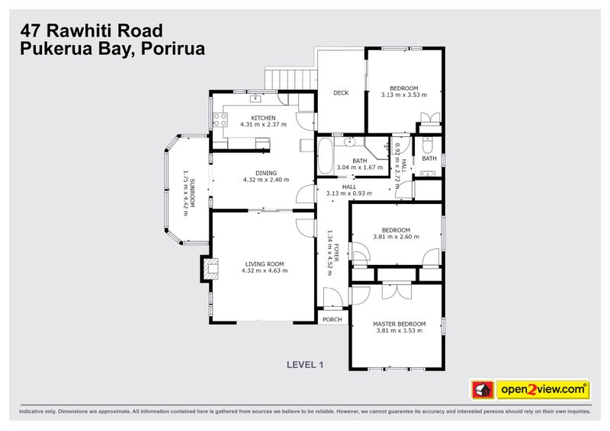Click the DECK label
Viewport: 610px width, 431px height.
pos(341,93)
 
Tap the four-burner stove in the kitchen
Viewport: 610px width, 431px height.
pos(220,119)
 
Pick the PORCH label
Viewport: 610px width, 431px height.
pos(332,319)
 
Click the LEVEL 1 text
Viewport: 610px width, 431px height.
pos(305,365)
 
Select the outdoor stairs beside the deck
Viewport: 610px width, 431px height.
pos(290,78)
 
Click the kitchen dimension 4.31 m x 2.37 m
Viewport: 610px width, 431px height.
pos(263,124)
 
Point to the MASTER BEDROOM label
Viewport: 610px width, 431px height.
pos(399,324)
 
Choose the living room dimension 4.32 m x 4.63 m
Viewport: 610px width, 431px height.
pos(264,271)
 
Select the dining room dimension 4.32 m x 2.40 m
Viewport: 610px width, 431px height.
pos(266,180)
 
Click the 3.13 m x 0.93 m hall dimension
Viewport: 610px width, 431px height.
pos(348,193)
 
